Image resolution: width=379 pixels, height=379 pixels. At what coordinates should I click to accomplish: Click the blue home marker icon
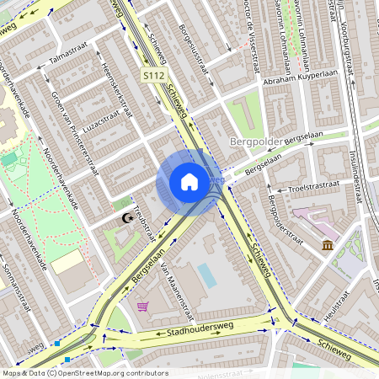[189, 182]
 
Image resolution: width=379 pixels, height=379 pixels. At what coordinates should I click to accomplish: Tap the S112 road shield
[152, 76]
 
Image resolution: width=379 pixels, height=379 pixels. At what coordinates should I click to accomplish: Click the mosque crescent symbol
[127, 218]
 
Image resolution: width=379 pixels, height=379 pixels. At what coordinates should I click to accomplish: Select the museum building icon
[327, 245]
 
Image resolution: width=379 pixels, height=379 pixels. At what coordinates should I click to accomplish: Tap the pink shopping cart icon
[142, 306]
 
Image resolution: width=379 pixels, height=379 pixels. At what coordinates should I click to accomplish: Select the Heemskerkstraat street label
[117, 87]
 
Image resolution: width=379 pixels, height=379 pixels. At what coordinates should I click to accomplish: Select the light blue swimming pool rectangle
[206, 275]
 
